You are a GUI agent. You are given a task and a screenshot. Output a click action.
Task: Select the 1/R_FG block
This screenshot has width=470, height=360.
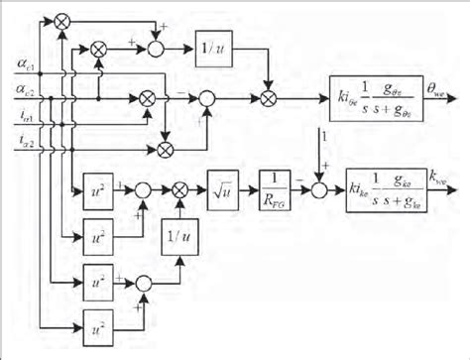pyautogui.click(x=271, y=186)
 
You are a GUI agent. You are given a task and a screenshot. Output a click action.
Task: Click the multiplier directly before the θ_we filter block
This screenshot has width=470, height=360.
pyautogui.click(x=267, y=98)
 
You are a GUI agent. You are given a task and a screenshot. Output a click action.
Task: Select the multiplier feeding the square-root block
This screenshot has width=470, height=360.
pyautogui.click(x=180, y=186)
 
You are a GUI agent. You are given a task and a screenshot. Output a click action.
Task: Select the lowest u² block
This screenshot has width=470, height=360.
pyautogui.click(x=95, y=324)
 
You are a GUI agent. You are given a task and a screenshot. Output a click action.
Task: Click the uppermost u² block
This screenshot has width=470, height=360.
pyautogui.click(x=95, y=186)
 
